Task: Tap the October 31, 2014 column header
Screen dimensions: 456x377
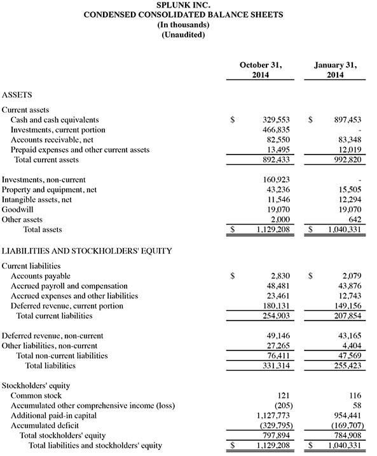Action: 260,70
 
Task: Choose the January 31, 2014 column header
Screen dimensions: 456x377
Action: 335,70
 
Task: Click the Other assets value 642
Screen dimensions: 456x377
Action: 355,221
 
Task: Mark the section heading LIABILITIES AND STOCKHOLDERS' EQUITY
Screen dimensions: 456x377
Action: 86,251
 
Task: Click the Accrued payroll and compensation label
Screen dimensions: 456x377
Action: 69,286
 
